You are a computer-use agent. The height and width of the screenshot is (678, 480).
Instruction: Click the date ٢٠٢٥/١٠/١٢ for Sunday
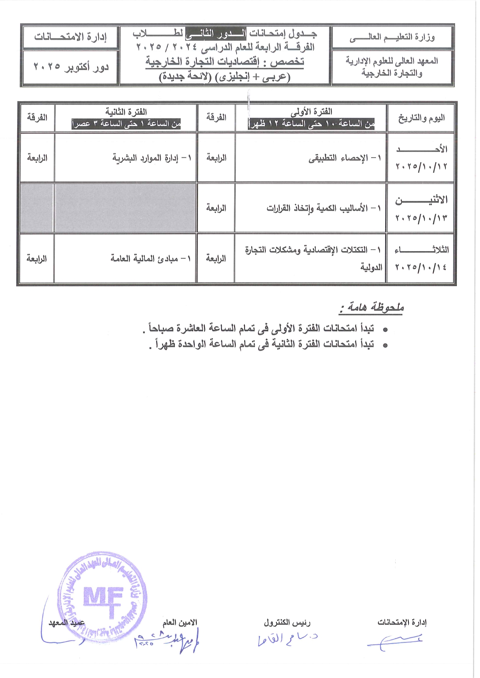[421, 166]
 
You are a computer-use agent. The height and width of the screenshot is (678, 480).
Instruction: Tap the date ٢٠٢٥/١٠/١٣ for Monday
[421, 218]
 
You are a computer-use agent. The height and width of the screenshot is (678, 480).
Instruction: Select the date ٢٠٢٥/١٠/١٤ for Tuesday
[421, 267]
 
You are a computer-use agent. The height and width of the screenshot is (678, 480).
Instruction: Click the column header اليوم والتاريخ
[421, 118]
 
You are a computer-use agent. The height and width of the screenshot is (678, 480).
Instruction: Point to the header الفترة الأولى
[311, 112]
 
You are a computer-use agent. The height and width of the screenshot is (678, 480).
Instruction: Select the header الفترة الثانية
[126, 112]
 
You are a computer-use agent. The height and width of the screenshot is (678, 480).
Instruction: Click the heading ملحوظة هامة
[372, 307]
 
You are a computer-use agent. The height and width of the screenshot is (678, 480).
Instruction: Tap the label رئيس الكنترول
[287, 622]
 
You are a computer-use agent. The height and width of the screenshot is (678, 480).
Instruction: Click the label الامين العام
[179, 622]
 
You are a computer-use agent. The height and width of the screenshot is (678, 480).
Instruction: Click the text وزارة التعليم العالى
[392, 37]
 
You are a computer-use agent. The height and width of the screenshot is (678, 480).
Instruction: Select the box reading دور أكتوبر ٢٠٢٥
[71, 67]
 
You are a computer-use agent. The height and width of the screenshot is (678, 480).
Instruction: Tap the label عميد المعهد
[66, 623]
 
